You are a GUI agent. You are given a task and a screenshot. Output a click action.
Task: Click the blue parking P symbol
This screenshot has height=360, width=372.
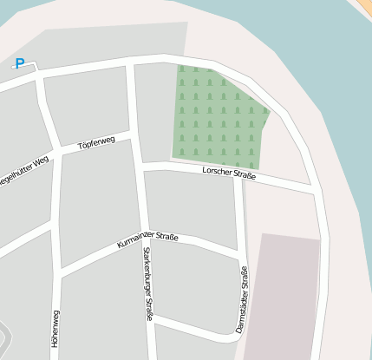[20, 63]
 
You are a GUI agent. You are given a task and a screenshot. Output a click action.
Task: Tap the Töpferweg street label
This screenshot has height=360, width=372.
[96, 143]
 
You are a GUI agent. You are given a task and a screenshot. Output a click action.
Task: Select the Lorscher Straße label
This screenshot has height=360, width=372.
[229, 174]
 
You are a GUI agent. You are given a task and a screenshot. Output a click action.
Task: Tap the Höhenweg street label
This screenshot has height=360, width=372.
[55, 329]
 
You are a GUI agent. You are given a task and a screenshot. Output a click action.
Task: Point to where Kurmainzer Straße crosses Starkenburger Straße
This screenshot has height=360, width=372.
[145, 235]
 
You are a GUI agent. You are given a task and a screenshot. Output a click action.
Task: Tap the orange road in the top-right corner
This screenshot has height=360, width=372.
[363, 8]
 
